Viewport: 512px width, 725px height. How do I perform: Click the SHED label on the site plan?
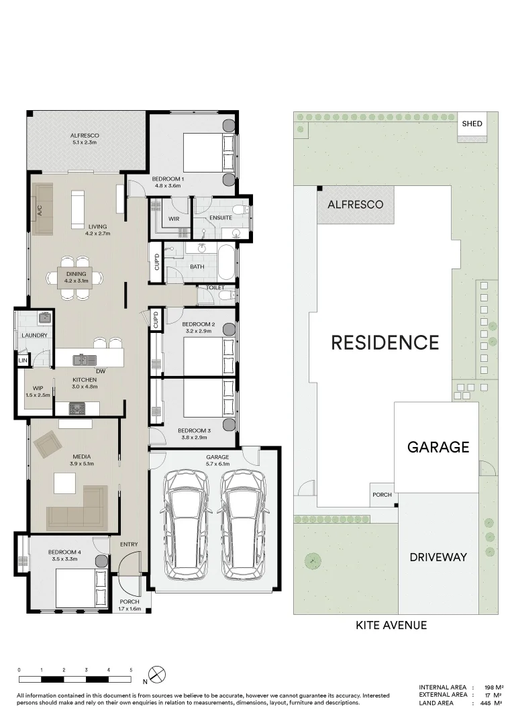(x=472, y=124)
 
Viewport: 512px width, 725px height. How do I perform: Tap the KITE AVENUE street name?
(x=391, y=625)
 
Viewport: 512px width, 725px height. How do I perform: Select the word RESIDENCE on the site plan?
(x=385, y=342)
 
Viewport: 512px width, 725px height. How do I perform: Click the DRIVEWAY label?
(x=438, y=557)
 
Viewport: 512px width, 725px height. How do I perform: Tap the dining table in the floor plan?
(x=76, y=277)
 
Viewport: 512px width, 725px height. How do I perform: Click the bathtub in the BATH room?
(x=226, y=263)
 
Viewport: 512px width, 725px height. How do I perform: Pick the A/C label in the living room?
(x=39, y=211)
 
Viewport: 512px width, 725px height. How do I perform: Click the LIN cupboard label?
(x=23, y=361)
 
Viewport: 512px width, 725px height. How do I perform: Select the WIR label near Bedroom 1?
(x=173, y=218)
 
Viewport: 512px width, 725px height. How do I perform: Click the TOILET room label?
(x=215, y=287)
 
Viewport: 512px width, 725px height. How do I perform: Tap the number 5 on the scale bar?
(x=131, y=670)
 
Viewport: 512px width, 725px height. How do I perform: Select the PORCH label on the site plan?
(x=382, y=495)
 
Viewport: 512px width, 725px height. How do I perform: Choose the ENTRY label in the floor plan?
(x=128, y=544)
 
